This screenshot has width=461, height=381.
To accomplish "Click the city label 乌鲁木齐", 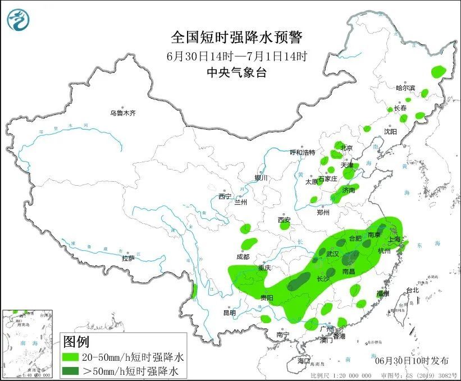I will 123,113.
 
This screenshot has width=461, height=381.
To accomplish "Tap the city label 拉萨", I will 128,258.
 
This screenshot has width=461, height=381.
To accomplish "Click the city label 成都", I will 243,256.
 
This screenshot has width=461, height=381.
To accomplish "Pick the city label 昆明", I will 230,313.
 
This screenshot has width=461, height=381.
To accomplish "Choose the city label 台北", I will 412,290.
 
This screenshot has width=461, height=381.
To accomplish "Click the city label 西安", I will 284,221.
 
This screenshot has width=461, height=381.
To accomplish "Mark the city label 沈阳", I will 390,131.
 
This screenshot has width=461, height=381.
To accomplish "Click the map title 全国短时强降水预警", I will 236,38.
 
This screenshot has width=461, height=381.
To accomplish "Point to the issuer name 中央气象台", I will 236,72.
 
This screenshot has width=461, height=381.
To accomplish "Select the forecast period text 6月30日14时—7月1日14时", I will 236,56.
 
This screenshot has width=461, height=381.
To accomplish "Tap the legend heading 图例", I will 76,341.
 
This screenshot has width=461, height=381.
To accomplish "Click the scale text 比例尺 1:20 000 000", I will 341,375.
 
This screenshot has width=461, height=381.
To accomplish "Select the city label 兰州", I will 241,201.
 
